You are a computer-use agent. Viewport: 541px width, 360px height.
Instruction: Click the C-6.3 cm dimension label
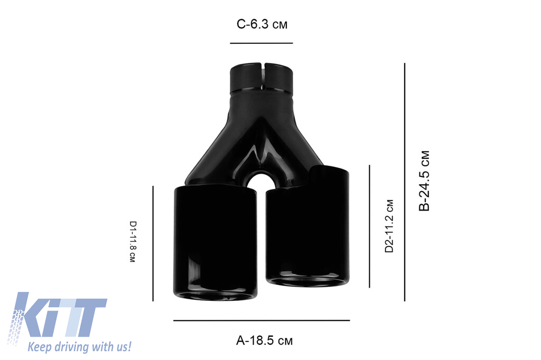(262, 24)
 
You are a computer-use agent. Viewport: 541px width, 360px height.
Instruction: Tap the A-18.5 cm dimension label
(264, 340)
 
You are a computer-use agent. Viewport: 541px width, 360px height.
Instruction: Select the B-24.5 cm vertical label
(424, 181)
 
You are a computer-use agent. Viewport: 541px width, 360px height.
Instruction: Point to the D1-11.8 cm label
(133, 242)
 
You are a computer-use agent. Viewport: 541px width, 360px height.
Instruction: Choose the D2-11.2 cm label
(389, 226)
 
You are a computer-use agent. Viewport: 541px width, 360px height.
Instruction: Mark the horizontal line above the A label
(262, 320)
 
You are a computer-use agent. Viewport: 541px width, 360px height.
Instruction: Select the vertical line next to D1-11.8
(153, 243)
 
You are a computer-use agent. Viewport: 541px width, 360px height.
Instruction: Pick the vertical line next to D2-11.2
(369, 226)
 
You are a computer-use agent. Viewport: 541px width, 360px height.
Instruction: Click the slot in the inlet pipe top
(263, 77)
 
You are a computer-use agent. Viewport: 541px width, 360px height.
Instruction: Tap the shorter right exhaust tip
(307, 227)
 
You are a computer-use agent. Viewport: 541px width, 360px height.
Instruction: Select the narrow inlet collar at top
(263, 79)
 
